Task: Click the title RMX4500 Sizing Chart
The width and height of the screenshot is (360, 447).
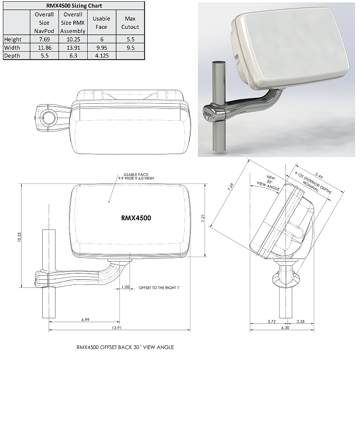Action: [74, 6]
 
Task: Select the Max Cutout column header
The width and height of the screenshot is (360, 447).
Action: [130, 23]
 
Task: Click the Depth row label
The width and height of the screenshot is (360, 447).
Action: [12, 55]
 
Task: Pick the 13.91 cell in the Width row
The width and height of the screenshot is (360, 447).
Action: [73, 47]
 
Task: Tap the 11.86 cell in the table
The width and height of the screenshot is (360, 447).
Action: [44, 47]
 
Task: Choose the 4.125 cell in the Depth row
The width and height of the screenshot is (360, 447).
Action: [101, 55]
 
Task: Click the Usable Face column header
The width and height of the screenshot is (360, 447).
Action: [101, 23]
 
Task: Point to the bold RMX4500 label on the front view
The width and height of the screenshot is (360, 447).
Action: [136, 218]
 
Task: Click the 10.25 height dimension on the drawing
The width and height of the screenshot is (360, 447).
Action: [19, 237]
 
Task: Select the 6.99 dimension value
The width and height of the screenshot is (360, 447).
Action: [85, 320]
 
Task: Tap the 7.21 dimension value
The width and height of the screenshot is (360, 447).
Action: [203, 219]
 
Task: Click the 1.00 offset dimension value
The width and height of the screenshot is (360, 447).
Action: [125, 287]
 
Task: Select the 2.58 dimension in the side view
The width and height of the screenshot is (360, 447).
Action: [301, 322]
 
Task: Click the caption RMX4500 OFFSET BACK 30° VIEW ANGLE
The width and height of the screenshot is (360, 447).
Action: [125, 348]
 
